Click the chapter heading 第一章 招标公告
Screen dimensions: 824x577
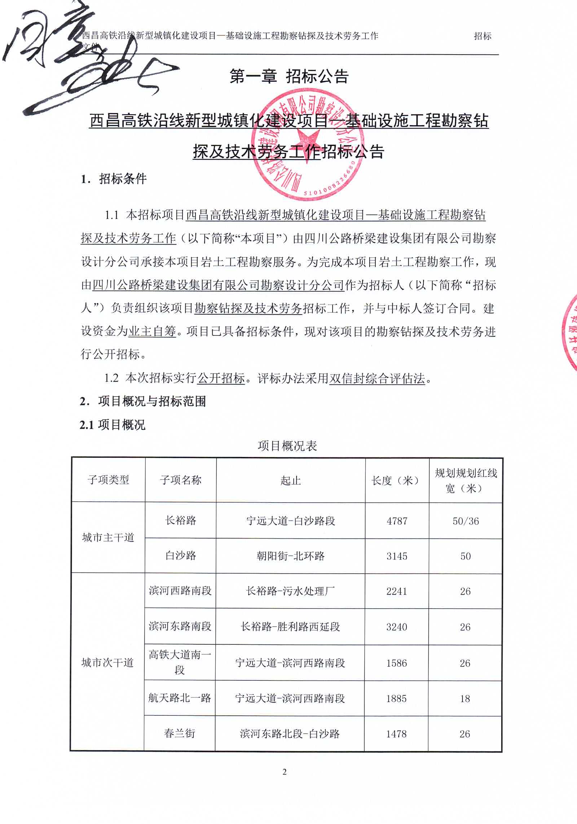(x=289, y=76)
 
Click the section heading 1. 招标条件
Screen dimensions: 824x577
(x=114, y=179)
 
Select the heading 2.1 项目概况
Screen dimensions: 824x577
(x=113, y=425)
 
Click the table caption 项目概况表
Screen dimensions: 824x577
(x=287, y=446)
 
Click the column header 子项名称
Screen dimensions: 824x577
(x=181, y=480)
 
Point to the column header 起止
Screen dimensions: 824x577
(x=291, y=480)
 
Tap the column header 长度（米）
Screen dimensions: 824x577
(x=396, y=480)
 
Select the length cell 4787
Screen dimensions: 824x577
(x=397, y=521)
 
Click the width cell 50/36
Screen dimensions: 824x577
(x=466, y=521)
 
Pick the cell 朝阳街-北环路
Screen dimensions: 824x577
(x=291, y=556)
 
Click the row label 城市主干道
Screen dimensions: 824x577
(x=108, y=538)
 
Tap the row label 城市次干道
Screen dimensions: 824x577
(x=107, y=663)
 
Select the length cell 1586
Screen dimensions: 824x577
(x=396, y=663)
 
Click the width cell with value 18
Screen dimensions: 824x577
(x=465, y=699)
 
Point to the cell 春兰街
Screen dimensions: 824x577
(x=180, y=733)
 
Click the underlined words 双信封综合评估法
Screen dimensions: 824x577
(x=377, y=378)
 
